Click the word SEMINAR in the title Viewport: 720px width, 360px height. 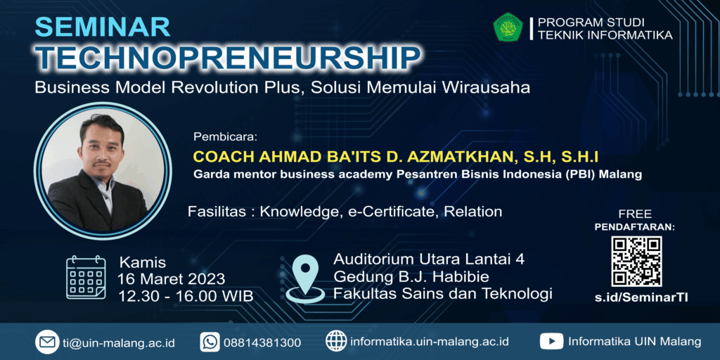click(x=103, y=27)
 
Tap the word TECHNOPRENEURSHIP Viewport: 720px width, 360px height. click(x=228, y=58)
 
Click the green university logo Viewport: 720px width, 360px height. click(x=508, y=27)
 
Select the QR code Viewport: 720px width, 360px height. click(x=636, y=262)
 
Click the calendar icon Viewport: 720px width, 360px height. click(x=86, y=277)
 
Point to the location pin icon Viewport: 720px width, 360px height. click(x=305, y=278)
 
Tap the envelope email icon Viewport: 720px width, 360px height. click(x=47, y=342)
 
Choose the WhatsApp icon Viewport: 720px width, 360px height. click(x=210, y=342)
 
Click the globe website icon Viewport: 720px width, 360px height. click(x=336, y=342)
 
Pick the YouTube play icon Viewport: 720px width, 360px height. click(x=551, y=342)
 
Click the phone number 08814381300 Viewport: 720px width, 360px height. click(x=262, y=342)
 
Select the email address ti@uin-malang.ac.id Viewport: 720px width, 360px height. click(x=118, y=342)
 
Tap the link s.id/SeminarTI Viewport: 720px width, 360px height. click(x=641, y=297)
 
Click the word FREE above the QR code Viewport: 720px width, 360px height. click(x=635, y=214)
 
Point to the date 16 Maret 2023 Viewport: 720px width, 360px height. click(x=172, y=278)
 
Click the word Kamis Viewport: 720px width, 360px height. click(x=142, y=263)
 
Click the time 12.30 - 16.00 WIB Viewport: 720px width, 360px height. click(x=186, y=296)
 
